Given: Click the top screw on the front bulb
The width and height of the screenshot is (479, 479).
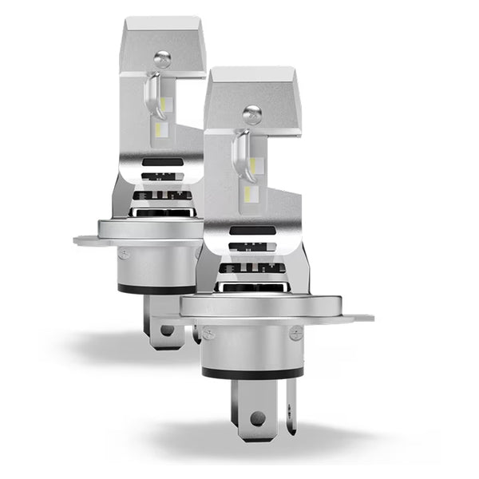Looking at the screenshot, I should (251, 112).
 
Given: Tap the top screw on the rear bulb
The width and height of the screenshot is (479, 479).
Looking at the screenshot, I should (163, 57).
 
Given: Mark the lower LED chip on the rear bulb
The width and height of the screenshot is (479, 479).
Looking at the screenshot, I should (162, 128).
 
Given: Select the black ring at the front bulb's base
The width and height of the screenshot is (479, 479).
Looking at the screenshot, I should (252, 372).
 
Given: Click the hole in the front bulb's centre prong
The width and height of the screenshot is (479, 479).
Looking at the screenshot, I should (255, 418).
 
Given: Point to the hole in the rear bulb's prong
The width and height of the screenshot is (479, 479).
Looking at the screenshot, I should (166, 329).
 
